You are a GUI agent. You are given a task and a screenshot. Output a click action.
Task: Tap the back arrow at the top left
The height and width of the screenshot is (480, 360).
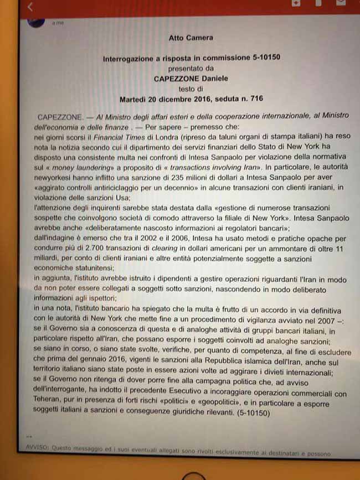[x=30, y=7]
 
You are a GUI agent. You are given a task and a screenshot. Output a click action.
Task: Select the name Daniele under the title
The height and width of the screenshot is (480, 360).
[x=213, y=79]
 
